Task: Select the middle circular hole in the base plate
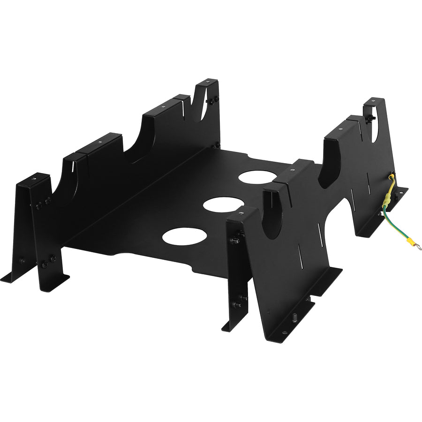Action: pos(220,205)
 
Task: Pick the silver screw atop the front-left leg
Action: pos(34,178)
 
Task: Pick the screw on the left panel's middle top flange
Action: pos(99,141)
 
